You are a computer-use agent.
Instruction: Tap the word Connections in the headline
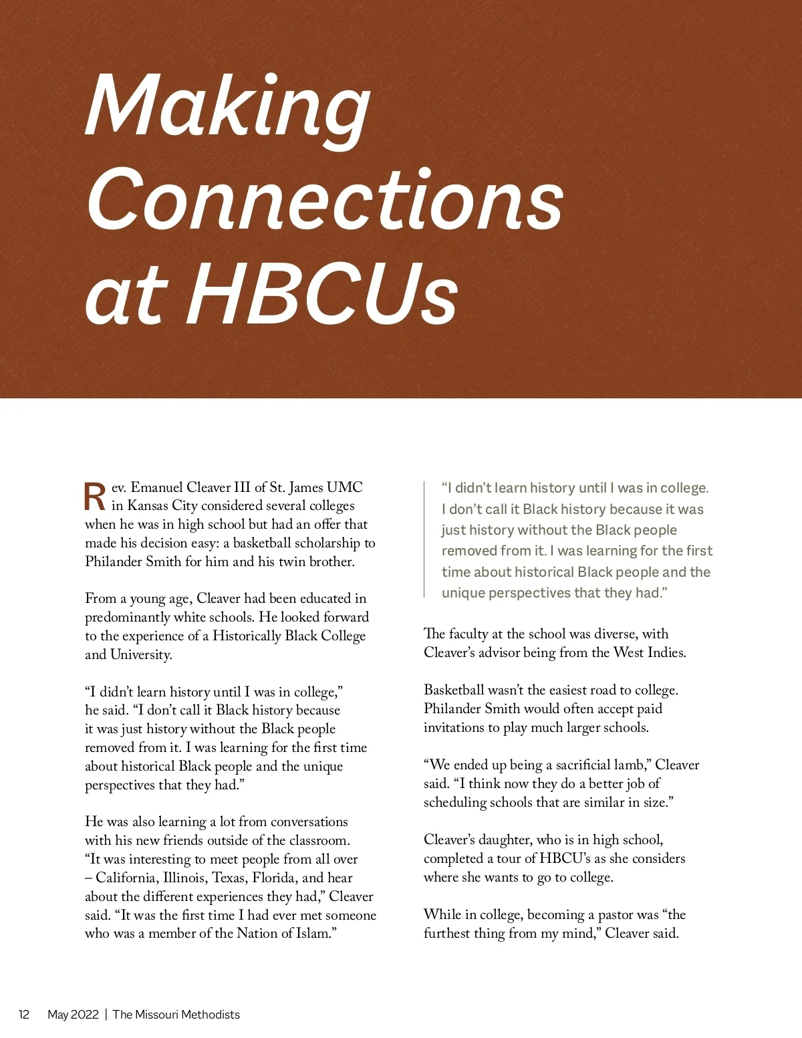point(325,199)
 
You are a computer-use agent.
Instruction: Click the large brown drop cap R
point(95,496)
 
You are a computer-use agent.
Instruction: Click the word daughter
point(500,839)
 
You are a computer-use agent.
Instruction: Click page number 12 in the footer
point(24,1015)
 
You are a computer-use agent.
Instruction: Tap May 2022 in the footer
point(73,1015)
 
